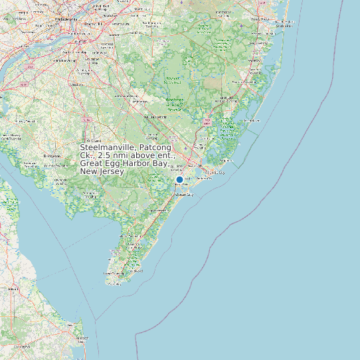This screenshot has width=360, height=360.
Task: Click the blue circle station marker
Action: coord(179,179)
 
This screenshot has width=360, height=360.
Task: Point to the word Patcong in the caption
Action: coord(155,147)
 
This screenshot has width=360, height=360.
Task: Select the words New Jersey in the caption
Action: coord(102,171)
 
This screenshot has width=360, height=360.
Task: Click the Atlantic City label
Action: coord(214,172)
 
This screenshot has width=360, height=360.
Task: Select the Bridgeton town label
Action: coord(52,155)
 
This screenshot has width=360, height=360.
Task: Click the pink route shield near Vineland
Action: coord(86,119)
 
